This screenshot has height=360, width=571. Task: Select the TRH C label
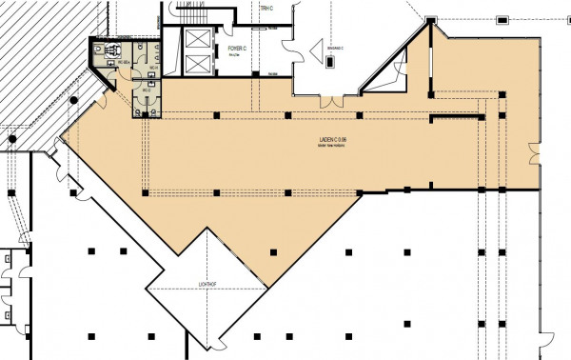coord(266,9)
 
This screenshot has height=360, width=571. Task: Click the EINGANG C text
coord(333,47)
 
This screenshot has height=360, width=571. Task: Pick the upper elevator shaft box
coord(197,37)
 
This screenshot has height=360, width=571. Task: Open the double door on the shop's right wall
coord(538,152)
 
